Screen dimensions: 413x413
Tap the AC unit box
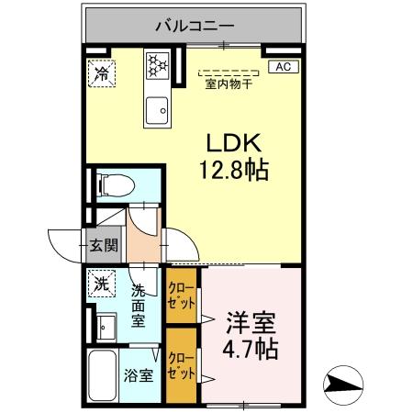[282, 66]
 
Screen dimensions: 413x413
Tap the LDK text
[234, 143]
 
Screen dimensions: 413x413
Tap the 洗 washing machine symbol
[100, 282]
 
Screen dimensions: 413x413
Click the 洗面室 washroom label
[138, 305]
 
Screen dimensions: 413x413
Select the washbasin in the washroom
[106, 323]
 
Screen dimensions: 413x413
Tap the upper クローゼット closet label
[180, 294]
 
